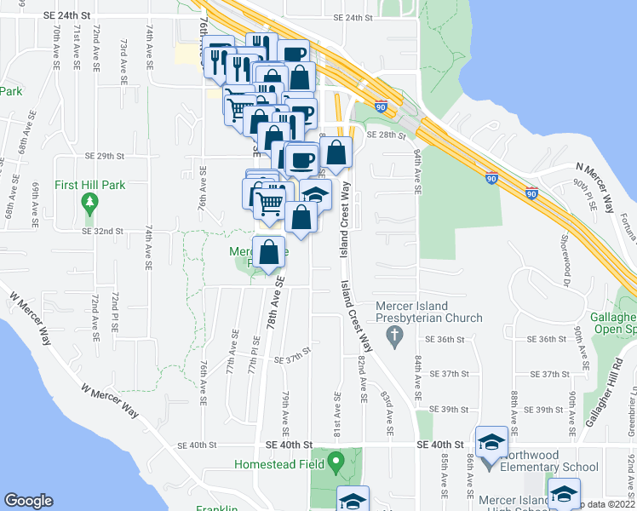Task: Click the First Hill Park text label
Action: click(x=89, y=184)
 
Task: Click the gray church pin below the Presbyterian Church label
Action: click(x=394, y=339)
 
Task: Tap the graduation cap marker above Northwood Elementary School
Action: click(x=492, y=443)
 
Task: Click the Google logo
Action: click(x=28, y=501)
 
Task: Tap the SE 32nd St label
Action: click(x=103, y=231)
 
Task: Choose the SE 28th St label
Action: click(x=384, y=135)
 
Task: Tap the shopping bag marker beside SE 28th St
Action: click(x=337, y=154)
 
